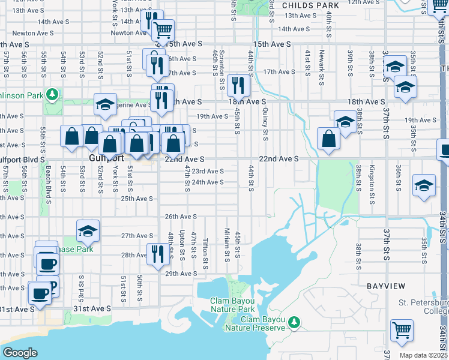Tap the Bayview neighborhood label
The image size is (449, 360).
click(384, 286)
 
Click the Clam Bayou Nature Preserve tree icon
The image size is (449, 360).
click(294, 323)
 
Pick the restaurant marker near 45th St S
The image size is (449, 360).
click(239, 86)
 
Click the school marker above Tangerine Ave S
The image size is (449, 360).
click(105, 104)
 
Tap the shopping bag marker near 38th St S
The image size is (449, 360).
click(329, 139)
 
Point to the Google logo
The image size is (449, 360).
click(20, 353)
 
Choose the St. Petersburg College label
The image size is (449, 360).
click(423, 307)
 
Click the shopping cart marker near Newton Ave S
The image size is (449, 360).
click(163, 29)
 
